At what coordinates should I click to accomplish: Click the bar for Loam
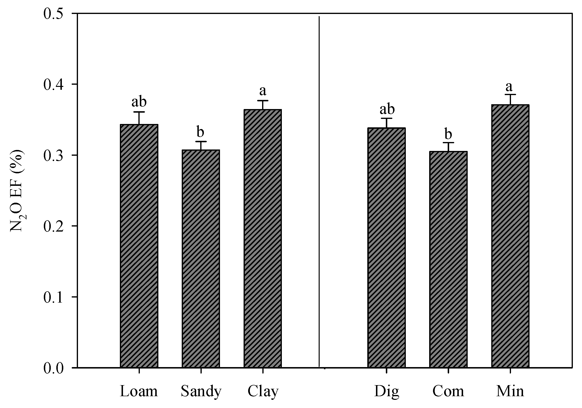click(x=139, y=246)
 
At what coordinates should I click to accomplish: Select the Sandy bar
click(x=201, y=259)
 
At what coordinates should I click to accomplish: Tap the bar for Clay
click(x=263, y=238)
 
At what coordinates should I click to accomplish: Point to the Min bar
click(x=510, y=236)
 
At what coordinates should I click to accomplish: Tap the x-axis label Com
click(x=448, y=391)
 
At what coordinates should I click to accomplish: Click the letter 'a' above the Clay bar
click(x=263, y=91)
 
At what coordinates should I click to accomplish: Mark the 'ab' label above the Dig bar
click(x=387, y=109)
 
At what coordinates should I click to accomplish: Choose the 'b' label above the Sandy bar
click(x=200, y=132)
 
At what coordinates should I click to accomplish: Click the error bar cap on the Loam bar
click(x=139, y=112)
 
